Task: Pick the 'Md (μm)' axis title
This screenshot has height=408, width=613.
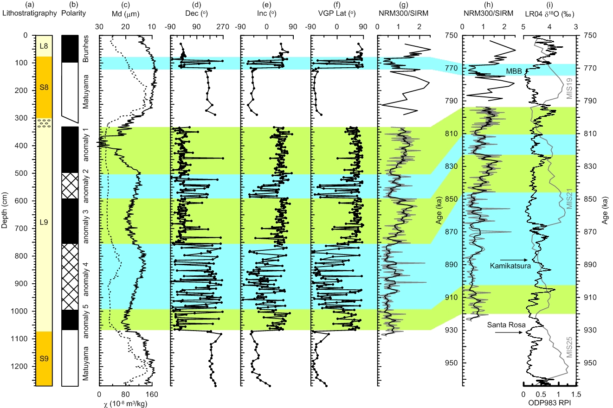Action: click(125, 13)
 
